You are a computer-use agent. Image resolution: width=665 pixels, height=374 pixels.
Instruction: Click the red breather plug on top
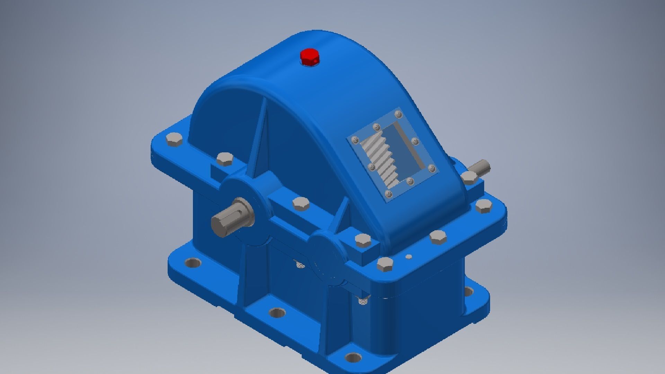pos(310,57)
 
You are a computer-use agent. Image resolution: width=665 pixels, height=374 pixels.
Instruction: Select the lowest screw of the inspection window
pos(388,194)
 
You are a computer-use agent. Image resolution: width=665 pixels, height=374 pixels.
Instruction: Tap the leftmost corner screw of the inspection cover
pos(355,140)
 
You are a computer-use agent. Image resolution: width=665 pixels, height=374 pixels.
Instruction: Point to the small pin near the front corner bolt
pos(409,257)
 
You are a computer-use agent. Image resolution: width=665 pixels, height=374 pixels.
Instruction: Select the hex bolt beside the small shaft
pos(469,178)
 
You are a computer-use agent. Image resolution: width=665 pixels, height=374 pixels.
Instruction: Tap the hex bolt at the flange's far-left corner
pos(173,140)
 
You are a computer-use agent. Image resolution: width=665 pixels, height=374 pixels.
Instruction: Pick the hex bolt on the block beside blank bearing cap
pos(363,239)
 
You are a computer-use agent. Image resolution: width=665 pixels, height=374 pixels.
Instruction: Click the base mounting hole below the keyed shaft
pos(193,263)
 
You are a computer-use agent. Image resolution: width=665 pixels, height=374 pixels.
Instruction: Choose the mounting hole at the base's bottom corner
pos(353,357)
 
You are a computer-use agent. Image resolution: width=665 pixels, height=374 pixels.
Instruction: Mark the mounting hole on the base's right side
pos(468,292)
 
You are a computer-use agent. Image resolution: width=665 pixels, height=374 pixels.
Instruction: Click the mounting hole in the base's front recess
pos(277,313)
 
